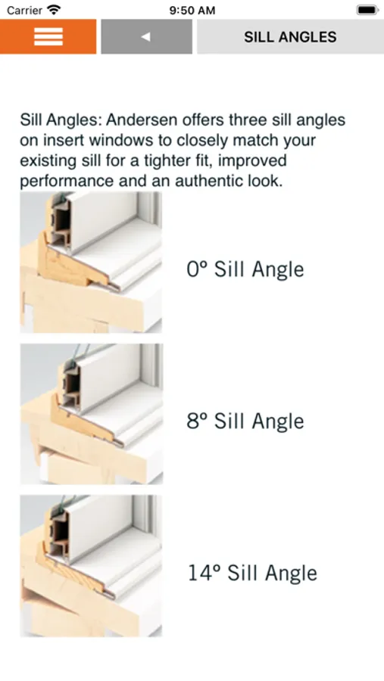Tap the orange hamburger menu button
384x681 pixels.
48,36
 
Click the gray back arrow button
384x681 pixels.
146,36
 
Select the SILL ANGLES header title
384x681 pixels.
290,37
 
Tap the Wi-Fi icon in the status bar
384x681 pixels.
54,10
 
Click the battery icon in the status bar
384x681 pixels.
367,10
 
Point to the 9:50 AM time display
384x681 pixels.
192,10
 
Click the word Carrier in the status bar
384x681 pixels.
25,10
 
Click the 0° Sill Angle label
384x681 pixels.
245,269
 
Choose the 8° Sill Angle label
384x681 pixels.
245,421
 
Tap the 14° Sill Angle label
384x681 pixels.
252,573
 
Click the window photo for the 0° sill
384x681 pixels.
91,263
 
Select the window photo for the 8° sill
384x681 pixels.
91,414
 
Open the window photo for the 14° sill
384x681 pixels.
91,566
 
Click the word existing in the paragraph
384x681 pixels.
46,160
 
